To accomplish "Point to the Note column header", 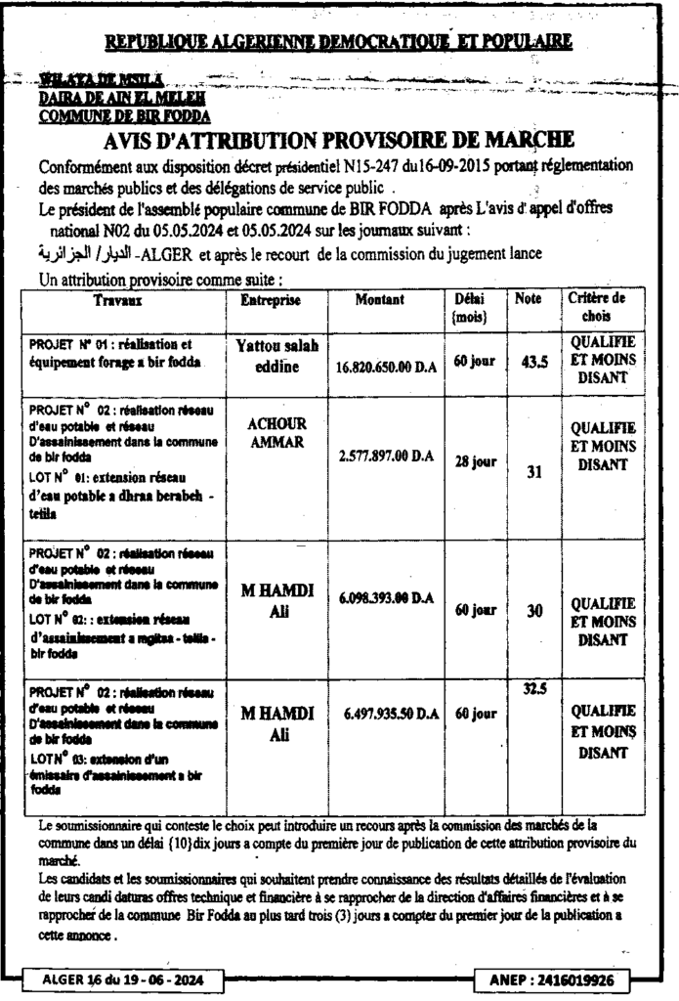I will pyautogui.click(x=528, y=297).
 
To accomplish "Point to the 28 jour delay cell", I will pyautogui.click(x=477, y=462).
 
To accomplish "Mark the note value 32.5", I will pyautogui.click(x=534, y=689).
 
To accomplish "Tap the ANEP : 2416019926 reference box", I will pyautogui.click(x=557, y=979).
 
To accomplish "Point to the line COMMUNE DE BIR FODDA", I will pyautogui.click(x=110, y=115).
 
